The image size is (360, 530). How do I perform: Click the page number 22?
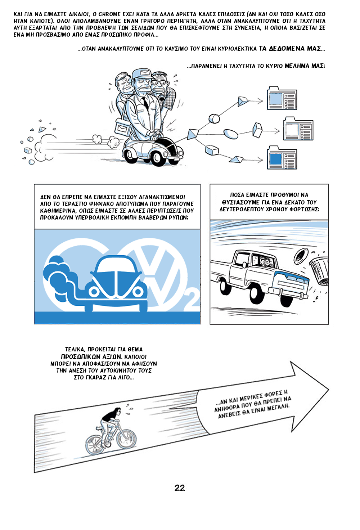(x=180, y=488)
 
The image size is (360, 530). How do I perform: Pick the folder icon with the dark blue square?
(x=282, y=158)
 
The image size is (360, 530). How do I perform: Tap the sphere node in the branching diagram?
(x=214, y=118)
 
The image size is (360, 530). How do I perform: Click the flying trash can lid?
(x=301, y=257)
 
